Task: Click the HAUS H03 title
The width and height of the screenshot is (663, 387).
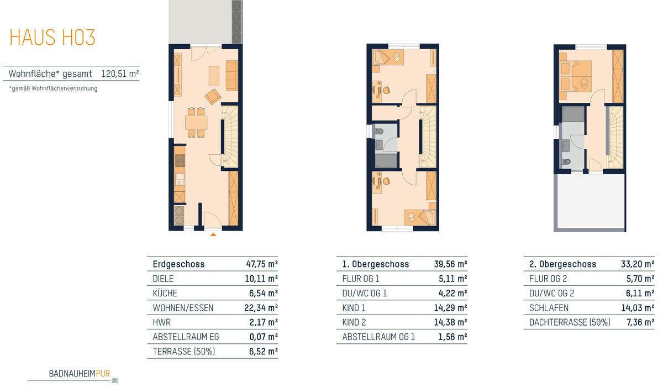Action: (52, 37)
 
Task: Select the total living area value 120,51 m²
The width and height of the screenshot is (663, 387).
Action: (120, 74)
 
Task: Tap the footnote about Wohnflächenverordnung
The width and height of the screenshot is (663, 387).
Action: (53, 88)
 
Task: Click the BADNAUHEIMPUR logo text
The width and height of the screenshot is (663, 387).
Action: (80, 374)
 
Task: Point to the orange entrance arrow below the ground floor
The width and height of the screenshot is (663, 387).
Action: (213, 234)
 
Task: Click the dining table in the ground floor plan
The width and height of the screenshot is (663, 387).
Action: (196, 123)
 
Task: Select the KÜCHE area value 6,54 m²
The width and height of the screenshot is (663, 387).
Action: (264, 293)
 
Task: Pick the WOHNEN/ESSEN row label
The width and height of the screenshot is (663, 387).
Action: (183, 308)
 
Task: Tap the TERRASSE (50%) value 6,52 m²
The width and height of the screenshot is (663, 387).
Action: (264, 352)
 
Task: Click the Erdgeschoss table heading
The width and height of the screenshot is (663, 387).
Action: (178, 264)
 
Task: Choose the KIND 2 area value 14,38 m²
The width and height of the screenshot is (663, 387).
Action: (450, 322)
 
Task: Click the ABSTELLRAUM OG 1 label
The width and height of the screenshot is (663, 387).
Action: (378, 337)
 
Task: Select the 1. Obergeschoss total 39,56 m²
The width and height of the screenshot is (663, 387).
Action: (450, 264)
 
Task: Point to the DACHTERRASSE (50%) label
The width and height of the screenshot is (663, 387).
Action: (570, 322)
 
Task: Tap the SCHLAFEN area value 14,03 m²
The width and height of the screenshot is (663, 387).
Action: (638, 308)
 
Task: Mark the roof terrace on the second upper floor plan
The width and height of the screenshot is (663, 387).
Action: (591, 201)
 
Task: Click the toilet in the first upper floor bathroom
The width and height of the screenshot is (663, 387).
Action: (379, 131)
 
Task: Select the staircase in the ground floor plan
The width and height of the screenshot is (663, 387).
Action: (230, 137)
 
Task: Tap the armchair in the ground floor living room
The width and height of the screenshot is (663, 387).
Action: (213, 97)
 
